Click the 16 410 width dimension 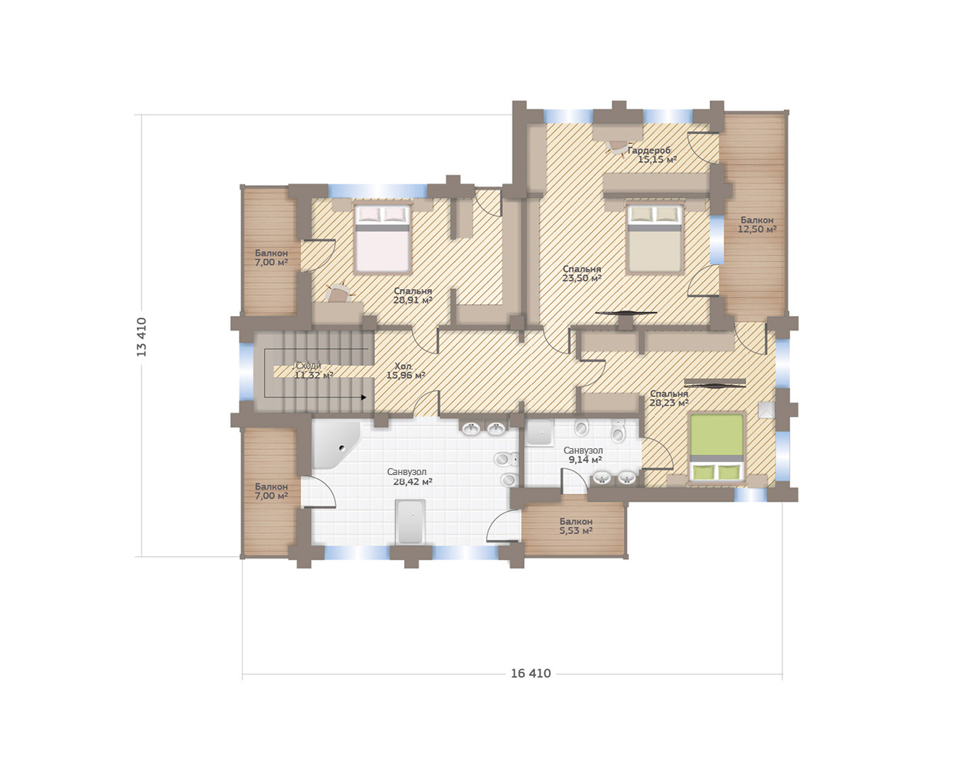pyautogui.click(x=531, y=673)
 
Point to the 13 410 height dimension pyautogui.click(x=142, y=337)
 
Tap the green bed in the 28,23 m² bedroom pyautogui.click(x=717, y=448)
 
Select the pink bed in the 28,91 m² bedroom pyautogui.click(x=383, y=238)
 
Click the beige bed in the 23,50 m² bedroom pyautogui.click(x=654, y=238)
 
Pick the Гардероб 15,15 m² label pyautogui.click(x=653, y=155)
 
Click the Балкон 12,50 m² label pyautogui.click(x=757, y=224)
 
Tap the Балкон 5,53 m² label pyautogui.click(x=576, y=526)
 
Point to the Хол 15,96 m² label pyautogui.click(x=406, y=370)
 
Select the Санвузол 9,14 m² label pyautogui.click(x=583, y=454)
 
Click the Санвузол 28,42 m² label pyautogui.click(x=410, y=476)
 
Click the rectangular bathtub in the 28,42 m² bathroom pyautogui.click(x=410, y=522)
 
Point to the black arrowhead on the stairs pyautogui.click(x=364, y=397)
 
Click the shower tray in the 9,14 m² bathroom pyautogui.click(x=539, y=433)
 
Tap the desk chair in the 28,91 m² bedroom pyautogui.click(x=338, y=293)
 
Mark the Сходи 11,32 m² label pyautogui.click(x=312, y=369)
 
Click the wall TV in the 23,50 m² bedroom pyautogui.click(x=625, y=313)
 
